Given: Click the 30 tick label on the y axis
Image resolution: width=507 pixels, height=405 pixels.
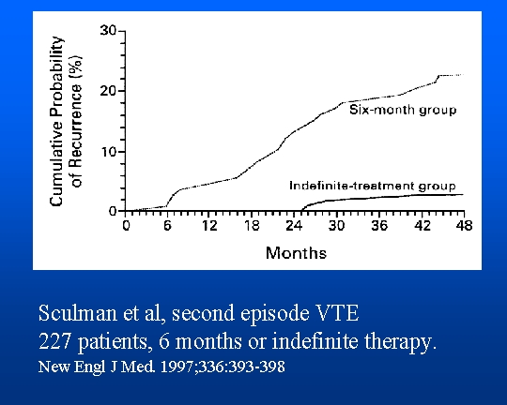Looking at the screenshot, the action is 108,31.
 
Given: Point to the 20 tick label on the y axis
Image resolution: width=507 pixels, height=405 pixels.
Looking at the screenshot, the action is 108,91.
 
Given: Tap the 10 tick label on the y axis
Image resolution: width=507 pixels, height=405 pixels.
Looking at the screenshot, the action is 109,152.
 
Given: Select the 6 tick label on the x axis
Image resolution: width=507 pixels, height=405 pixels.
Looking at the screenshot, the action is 167,225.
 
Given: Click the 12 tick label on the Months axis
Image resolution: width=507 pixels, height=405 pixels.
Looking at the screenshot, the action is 209,225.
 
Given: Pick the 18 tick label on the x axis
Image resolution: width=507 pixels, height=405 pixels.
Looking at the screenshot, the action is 252,225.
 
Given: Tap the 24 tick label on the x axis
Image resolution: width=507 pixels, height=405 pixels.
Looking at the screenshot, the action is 294,225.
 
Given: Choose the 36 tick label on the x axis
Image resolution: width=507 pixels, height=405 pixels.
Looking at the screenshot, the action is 379,225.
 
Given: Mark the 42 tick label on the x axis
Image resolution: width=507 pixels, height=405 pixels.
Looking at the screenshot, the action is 422,225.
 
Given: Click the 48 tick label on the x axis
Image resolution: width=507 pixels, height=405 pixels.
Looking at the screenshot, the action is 465,225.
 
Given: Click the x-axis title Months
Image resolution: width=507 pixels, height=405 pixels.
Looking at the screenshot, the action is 296,253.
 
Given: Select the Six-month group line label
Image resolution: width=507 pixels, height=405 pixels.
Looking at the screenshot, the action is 403,110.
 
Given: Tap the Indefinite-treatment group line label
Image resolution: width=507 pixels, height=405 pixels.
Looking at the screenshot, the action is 373,186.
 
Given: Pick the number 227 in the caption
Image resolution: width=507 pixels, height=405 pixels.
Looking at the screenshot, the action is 54,341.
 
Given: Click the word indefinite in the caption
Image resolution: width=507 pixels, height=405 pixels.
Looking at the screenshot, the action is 315,341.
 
